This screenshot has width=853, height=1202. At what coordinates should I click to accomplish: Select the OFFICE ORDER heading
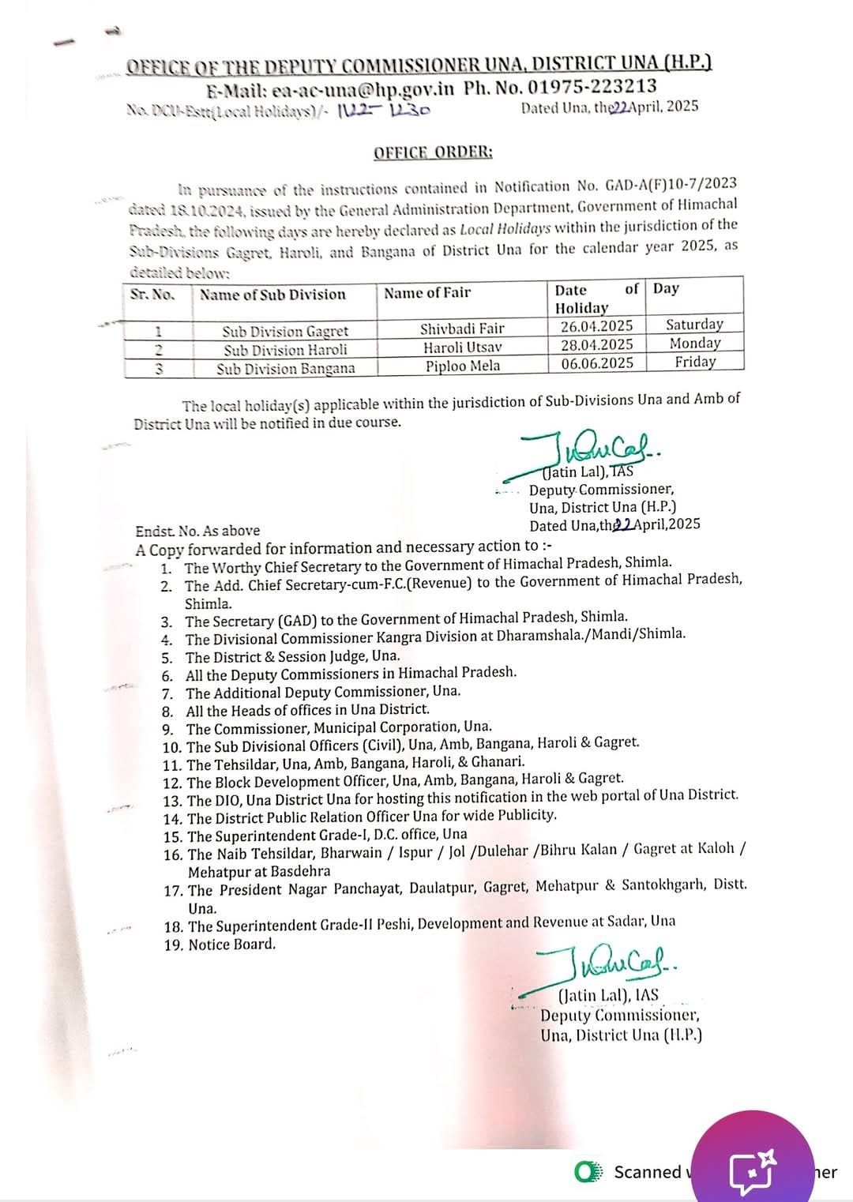[433, 152]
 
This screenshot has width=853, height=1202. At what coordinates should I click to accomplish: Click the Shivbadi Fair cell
[462, 328]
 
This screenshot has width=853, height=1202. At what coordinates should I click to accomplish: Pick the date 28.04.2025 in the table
[597, 344]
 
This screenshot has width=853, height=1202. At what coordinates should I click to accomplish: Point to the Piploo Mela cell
[462, 366]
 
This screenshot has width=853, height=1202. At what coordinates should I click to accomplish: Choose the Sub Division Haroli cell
[285, 350]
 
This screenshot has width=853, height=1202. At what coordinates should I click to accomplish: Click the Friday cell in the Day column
[695, 362]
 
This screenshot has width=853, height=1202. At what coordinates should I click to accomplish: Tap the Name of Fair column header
[427, 293]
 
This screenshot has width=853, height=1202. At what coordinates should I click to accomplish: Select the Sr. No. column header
[152, 295]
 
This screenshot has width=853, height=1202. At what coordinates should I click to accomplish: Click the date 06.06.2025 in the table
[597, 363]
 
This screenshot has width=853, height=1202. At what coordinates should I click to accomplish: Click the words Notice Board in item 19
[232, 944]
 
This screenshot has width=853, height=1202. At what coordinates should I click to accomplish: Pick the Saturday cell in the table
[694, 325]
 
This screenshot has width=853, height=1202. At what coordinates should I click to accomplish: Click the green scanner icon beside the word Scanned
[588, 1172]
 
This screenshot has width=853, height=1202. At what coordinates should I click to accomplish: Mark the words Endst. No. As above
[197, 531]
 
